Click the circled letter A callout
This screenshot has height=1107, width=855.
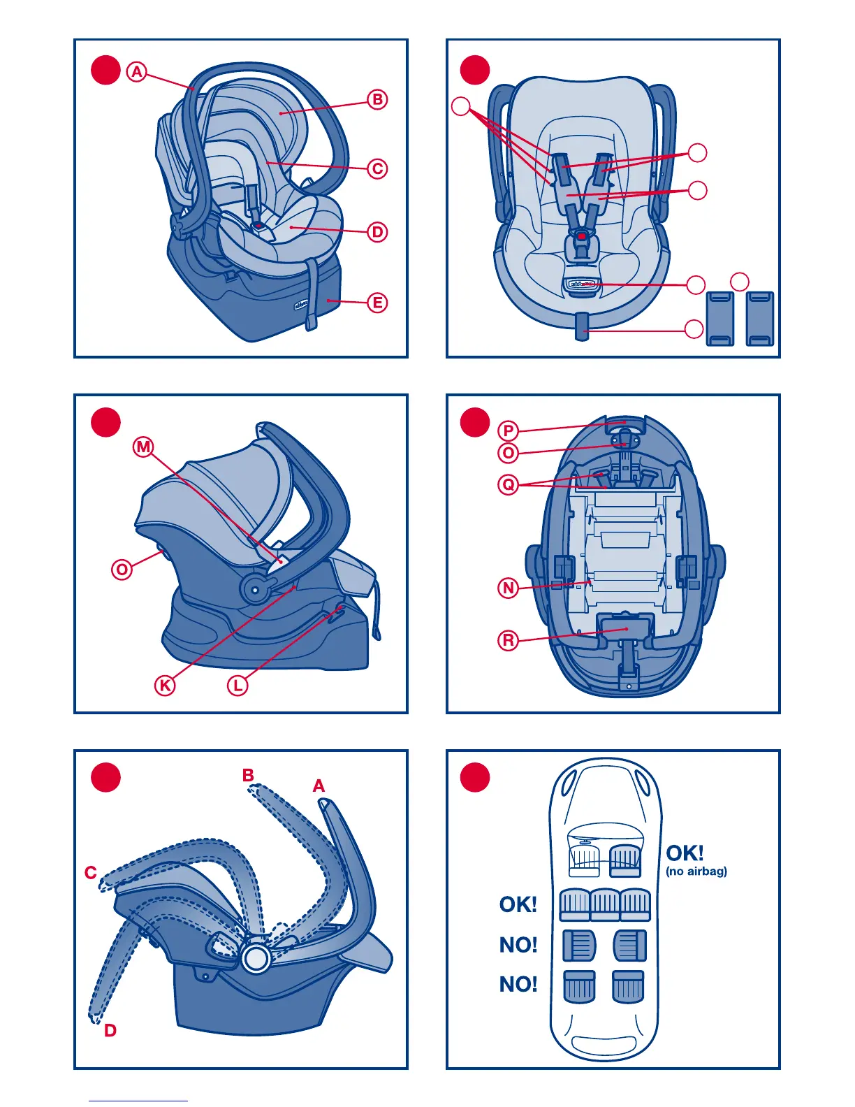pyautogui.click(x=137, y=71)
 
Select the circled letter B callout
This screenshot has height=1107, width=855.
pyautogui.click(x=377, y=99)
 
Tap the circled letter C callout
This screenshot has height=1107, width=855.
pyautogui.click(x=377, y=168)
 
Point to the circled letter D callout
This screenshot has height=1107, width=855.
pyautogui.click(x=377, y=232)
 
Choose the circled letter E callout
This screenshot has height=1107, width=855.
pyautogui.click(x=377, y=303)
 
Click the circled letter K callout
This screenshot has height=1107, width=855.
pyautogui.click(x=165, y=686)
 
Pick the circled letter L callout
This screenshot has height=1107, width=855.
pyautogui.click(x=237, y=686)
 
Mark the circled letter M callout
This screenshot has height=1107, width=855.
pyautogui.click(x=143, y=447)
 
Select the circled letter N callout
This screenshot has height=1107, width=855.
pyautogui.click(x=509, y=588)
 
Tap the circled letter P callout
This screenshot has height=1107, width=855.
pyautogui.click(x=509, y=430)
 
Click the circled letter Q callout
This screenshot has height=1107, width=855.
pyautogui.click(x=509, y=484)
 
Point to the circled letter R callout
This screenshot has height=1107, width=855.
pyautogui.click(x=509, y=640)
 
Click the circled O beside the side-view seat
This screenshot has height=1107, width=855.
pyautogui.click(x=122, y=570)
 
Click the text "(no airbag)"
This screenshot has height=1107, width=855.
pyautogui.click(x=696, y=871)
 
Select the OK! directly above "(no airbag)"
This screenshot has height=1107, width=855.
pyautogui.click(x=685, y=853)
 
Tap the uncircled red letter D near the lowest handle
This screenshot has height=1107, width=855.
pyautogui.click(x=110, y=1030)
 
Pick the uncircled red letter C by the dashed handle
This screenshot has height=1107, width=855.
pyautogui.click(x=91, y=873)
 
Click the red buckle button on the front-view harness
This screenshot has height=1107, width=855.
pyautogui.click(x=581, y=237)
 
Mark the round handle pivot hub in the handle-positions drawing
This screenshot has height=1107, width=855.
pyautogui.click(x=256, y=959)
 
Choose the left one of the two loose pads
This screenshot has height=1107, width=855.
pyautogui.click(x=721, y=319)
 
